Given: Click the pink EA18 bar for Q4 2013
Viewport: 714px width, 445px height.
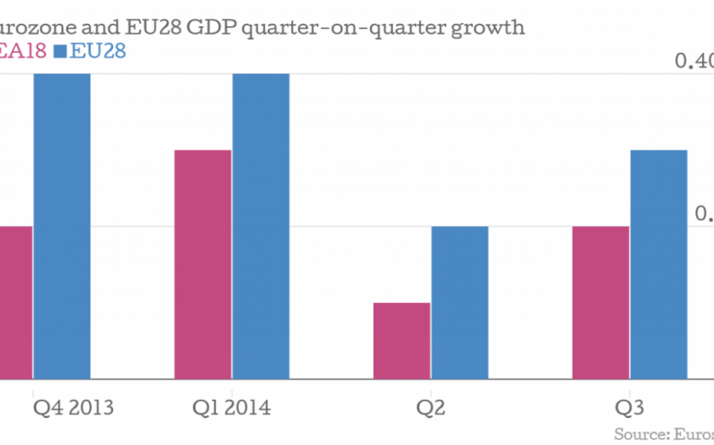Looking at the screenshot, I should pyautogui.click(x=15, y=302).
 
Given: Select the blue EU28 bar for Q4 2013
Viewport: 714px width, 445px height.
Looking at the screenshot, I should pyautogui.click(x=62, y=225).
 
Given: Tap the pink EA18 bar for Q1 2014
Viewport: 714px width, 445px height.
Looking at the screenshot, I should pyautogui.click(x=203, y=264).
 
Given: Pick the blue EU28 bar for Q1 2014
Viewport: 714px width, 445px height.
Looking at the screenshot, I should pyautogui.click(x=260, y=225).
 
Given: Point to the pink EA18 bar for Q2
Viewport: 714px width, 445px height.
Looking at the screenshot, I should pyautogui.click(x=402, y=340).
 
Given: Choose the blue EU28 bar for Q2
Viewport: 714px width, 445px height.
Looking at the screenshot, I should pyautogui.click(x=460, y=302).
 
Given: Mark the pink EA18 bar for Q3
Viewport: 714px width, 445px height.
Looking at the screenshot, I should pyautogui.click(x=601, y=302).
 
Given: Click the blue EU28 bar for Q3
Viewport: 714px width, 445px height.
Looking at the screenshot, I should pyautogui.click(x=659, y=264).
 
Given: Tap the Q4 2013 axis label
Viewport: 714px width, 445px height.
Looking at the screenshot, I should pyautogui.click(x=72, y=408).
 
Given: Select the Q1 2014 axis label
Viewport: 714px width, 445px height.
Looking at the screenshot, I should pyautogui.click(x=231, y=408).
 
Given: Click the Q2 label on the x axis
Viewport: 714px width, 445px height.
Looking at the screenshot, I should pyautogui.click(x=431, y=408).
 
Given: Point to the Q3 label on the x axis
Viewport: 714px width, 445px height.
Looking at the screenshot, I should pyautogui.click(x=629, y=408).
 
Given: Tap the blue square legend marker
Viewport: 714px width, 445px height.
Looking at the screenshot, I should pyautogui.click(x=60, y=52).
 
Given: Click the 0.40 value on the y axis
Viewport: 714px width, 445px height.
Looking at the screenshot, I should pyautogui.click(x=694, y=61).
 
